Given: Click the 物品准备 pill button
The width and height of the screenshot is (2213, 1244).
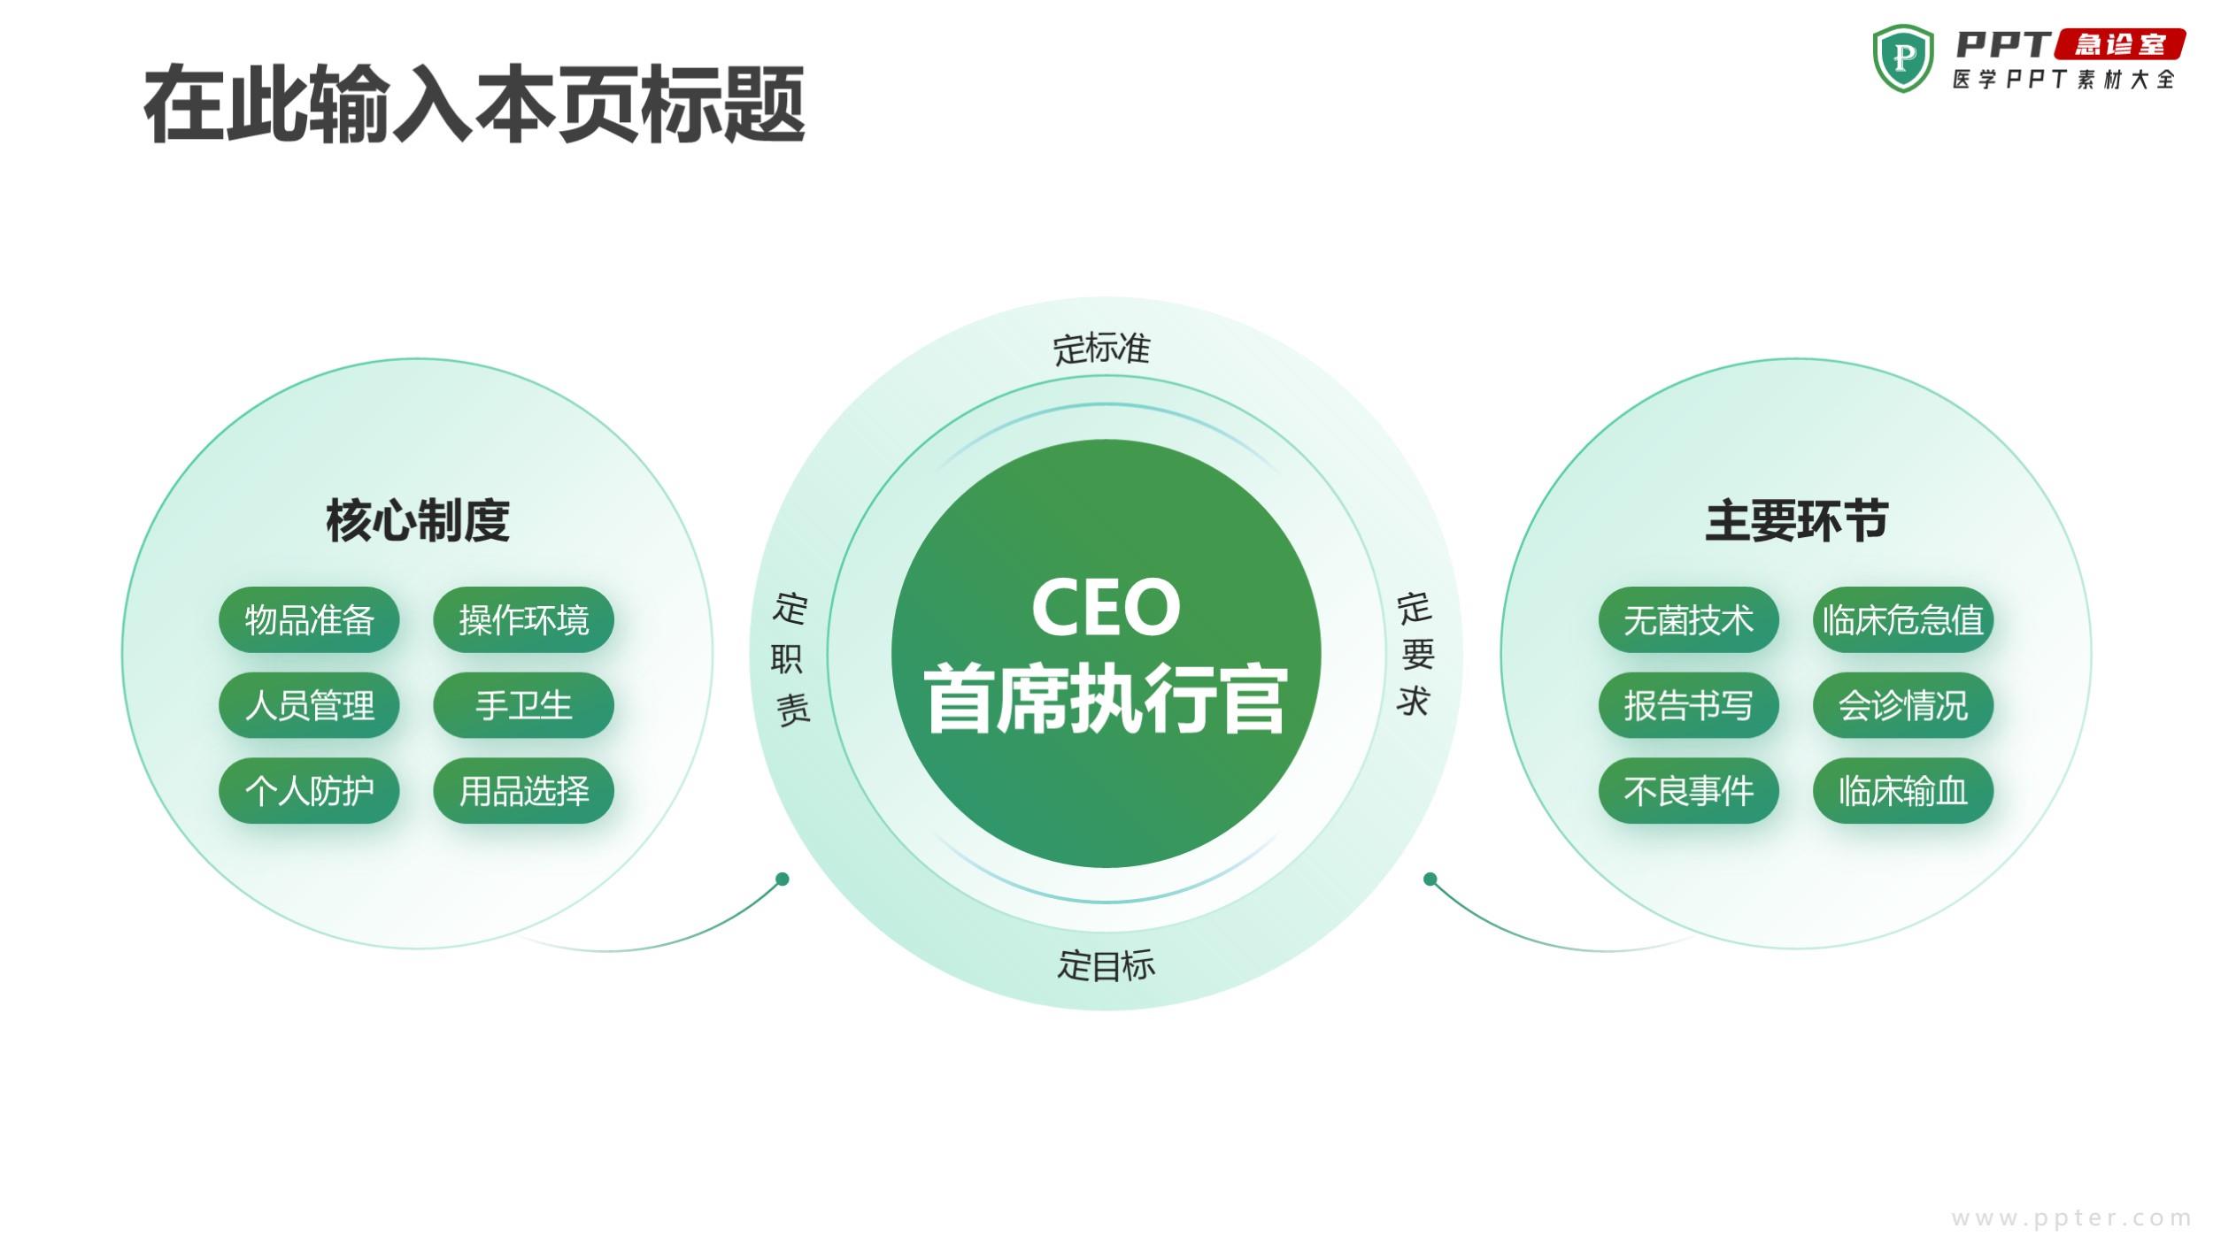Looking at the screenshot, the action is coord(309,619).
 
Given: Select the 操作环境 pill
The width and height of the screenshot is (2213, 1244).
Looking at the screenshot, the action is coord(523,619).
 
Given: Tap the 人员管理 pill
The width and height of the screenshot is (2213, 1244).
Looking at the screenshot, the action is coord(309,705).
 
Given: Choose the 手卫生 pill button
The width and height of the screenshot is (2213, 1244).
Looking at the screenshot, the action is coord(523,705).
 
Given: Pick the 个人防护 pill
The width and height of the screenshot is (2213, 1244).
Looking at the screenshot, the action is coord(309,791).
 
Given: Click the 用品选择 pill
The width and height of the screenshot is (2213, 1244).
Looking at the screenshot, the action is coord(523,791).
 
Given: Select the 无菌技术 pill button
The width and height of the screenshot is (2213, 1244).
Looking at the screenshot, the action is coord(1688,619).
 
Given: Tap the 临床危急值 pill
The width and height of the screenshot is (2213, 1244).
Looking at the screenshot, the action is coord(1903,619).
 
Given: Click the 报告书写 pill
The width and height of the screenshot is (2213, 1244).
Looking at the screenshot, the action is coord(1688,705).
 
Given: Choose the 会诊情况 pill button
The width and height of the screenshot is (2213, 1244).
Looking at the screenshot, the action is coord(1903,705).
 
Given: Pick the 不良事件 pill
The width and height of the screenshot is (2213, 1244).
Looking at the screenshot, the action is coord(1688,791).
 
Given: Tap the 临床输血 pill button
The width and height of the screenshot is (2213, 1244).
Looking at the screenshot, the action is coord(1903,791).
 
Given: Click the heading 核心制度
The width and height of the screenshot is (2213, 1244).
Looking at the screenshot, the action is coord(418,520).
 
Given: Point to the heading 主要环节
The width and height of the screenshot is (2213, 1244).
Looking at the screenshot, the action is coord(1797,520).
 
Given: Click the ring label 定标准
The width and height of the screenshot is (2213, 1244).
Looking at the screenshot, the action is coord(1101,349).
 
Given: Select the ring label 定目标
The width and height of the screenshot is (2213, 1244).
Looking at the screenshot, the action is coord(1106,964).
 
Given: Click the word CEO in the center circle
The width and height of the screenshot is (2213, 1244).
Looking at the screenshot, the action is coord(1106,607).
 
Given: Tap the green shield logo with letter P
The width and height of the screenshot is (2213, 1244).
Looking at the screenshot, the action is coord(1903,58).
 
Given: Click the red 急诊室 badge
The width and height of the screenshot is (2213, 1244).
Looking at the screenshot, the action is coord(2119,44).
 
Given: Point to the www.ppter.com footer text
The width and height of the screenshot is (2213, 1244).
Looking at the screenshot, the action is coord(2071,1218).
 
